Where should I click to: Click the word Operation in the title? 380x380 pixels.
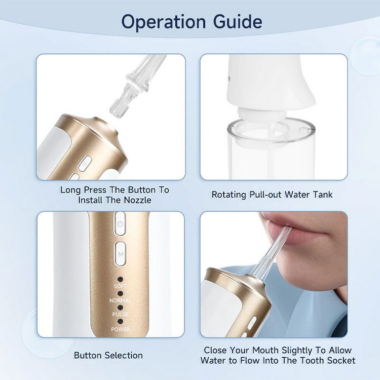click(164, 22)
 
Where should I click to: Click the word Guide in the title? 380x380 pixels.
click(238, 22)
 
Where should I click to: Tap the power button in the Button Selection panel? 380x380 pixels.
click(120, 223)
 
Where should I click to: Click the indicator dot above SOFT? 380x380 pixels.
click(120, 279)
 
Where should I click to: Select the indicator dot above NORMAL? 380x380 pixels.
click(120, 294)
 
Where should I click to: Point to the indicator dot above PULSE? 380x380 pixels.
click(120, 308)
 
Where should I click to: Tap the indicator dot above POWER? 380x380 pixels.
click(120, 322)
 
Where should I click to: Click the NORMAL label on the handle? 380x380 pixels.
click(120, 300)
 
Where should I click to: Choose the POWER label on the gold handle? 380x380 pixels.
click(121, 329)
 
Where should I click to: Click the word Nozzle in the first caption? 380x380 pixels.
click(138, 200)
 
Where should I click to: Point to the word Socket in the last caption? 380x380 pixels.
click(341, 360)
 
